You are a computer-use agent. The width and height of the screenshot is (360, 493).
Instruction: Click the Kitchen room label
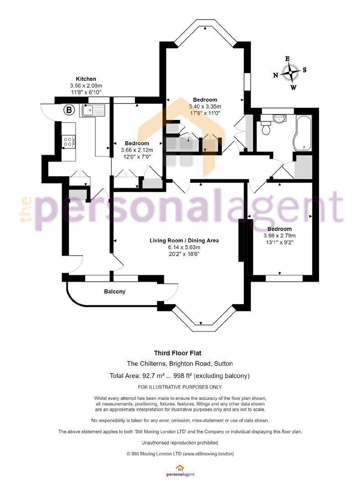click(86, 79)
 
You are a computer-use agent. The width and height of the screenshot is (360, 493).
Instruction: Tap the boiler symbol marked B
click(69, 110)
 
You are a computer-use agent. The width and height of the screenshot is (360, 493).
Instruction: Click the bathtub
click(302, 133)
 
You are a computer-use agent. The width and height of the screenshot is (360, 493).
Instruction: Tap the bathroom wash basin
click(279, 119)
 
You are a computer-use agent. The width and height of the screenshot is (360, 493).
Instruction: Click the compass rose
click(290, 73)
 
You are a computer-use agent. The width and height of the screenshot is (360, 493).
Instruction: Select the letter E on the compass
click(287, 59)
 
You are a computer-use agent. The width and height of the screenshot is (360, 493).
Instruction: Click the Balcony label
click(115, 291)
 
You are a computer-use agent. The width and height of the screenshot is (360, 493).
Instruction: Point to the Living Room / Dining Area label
click(184, 241)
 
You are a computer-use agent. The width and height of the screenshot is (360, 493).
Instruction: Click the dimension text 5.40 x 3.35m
click(205, 106)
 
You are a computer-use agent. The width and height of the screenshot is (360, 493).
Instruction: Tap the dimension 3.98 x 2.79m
click(280, 236)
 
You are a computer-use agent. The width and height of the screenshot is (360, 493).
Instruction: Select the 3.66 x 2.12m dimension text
click(137, 150)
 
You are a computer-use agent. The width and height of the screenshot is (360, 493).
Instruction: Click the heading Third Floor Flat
click(178, 353)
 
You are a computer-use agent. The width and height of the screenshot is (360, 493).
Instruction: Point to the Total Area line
click(179, 375)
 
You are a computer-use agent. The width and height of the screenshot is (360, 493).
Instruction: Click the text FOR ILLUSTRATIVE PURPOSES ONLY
click(180, 387)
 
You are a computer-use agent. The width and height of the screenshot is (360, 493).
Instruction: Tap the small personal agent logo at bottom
click(180, 471)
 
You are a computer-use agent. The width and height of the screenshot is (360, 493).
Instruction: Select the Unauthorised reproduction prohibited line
click(180, 443)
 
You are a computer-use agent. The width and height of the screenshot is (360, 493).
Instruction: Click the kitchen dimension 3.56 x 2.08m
click(86, 85)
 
